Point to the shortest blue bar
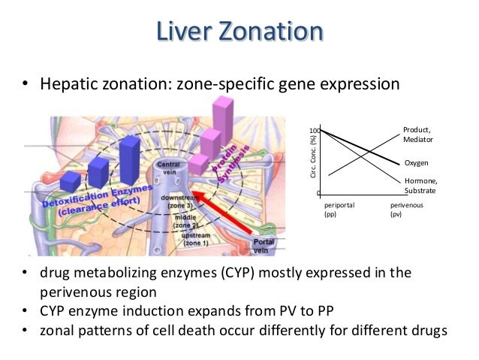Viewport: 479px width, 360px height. coord(71,181)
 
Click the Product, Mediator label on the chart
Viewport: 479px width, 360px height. coord(417,135)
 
